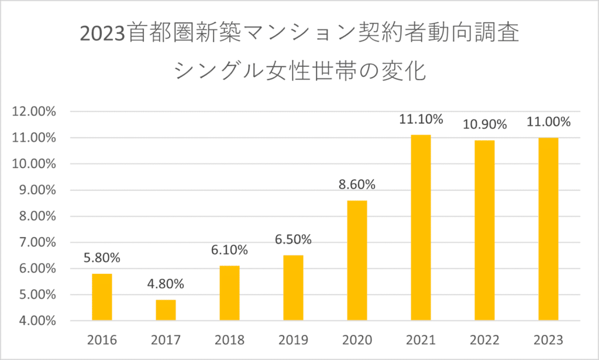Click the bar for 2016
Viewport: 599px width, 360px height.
point(102,297)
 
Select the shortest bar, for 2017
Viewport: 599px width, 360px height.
point(166,310)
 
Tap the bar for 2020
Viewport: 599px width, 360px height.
point(357,260)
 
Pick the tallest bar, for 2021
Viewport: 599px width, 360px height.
point(421,228)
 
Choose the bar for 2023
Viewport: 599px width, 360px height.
point(548,229)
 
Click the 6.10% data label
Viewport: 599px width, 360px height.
point(229,250)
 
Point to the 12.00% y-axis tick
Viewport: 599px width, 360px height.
point(34,112)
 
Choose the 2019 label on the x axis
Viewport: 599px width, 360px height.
point(293,340)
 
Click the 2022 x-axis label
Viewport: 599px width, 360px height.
point(484,340)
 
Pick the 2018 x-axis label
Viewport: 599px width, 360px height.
point(229,340)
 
